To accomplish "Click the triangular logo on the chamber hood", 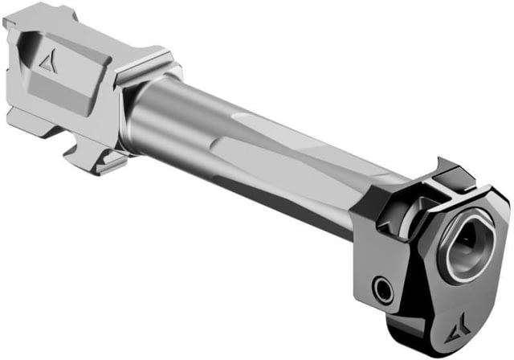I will click(48, 63).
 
